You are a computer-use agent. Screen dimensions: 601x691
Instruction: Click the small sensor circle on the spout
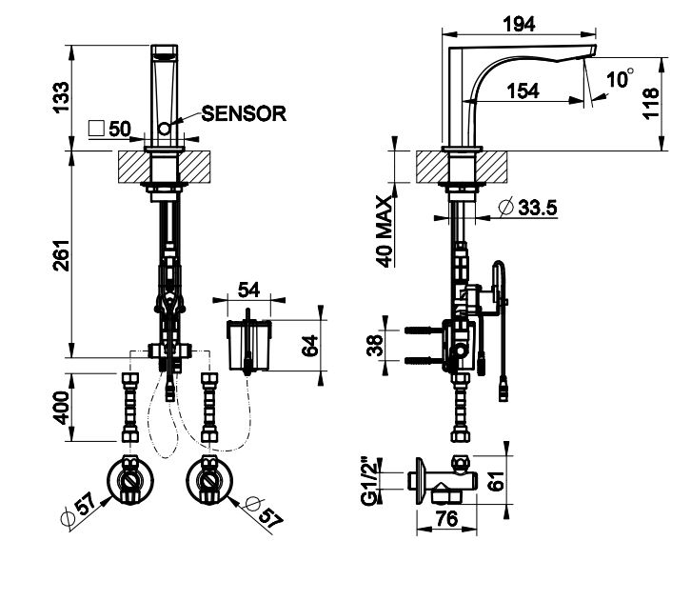pyautogui.click(x=164, y=127)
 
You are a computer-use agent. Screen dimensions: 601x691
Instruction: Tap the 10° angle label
pyautogui.click(x=622, y=79)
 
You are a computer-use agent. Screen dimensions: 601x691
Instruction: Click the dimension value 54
pyautogui.click(x=249, y=289)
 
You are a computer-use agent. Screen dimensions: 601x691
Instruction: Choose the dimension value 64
pyautogui.click(x=309, y=344)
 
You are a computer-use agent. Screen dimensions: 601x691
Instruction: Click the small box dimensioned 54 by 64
pyautogui.click(x=248, y=344)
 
